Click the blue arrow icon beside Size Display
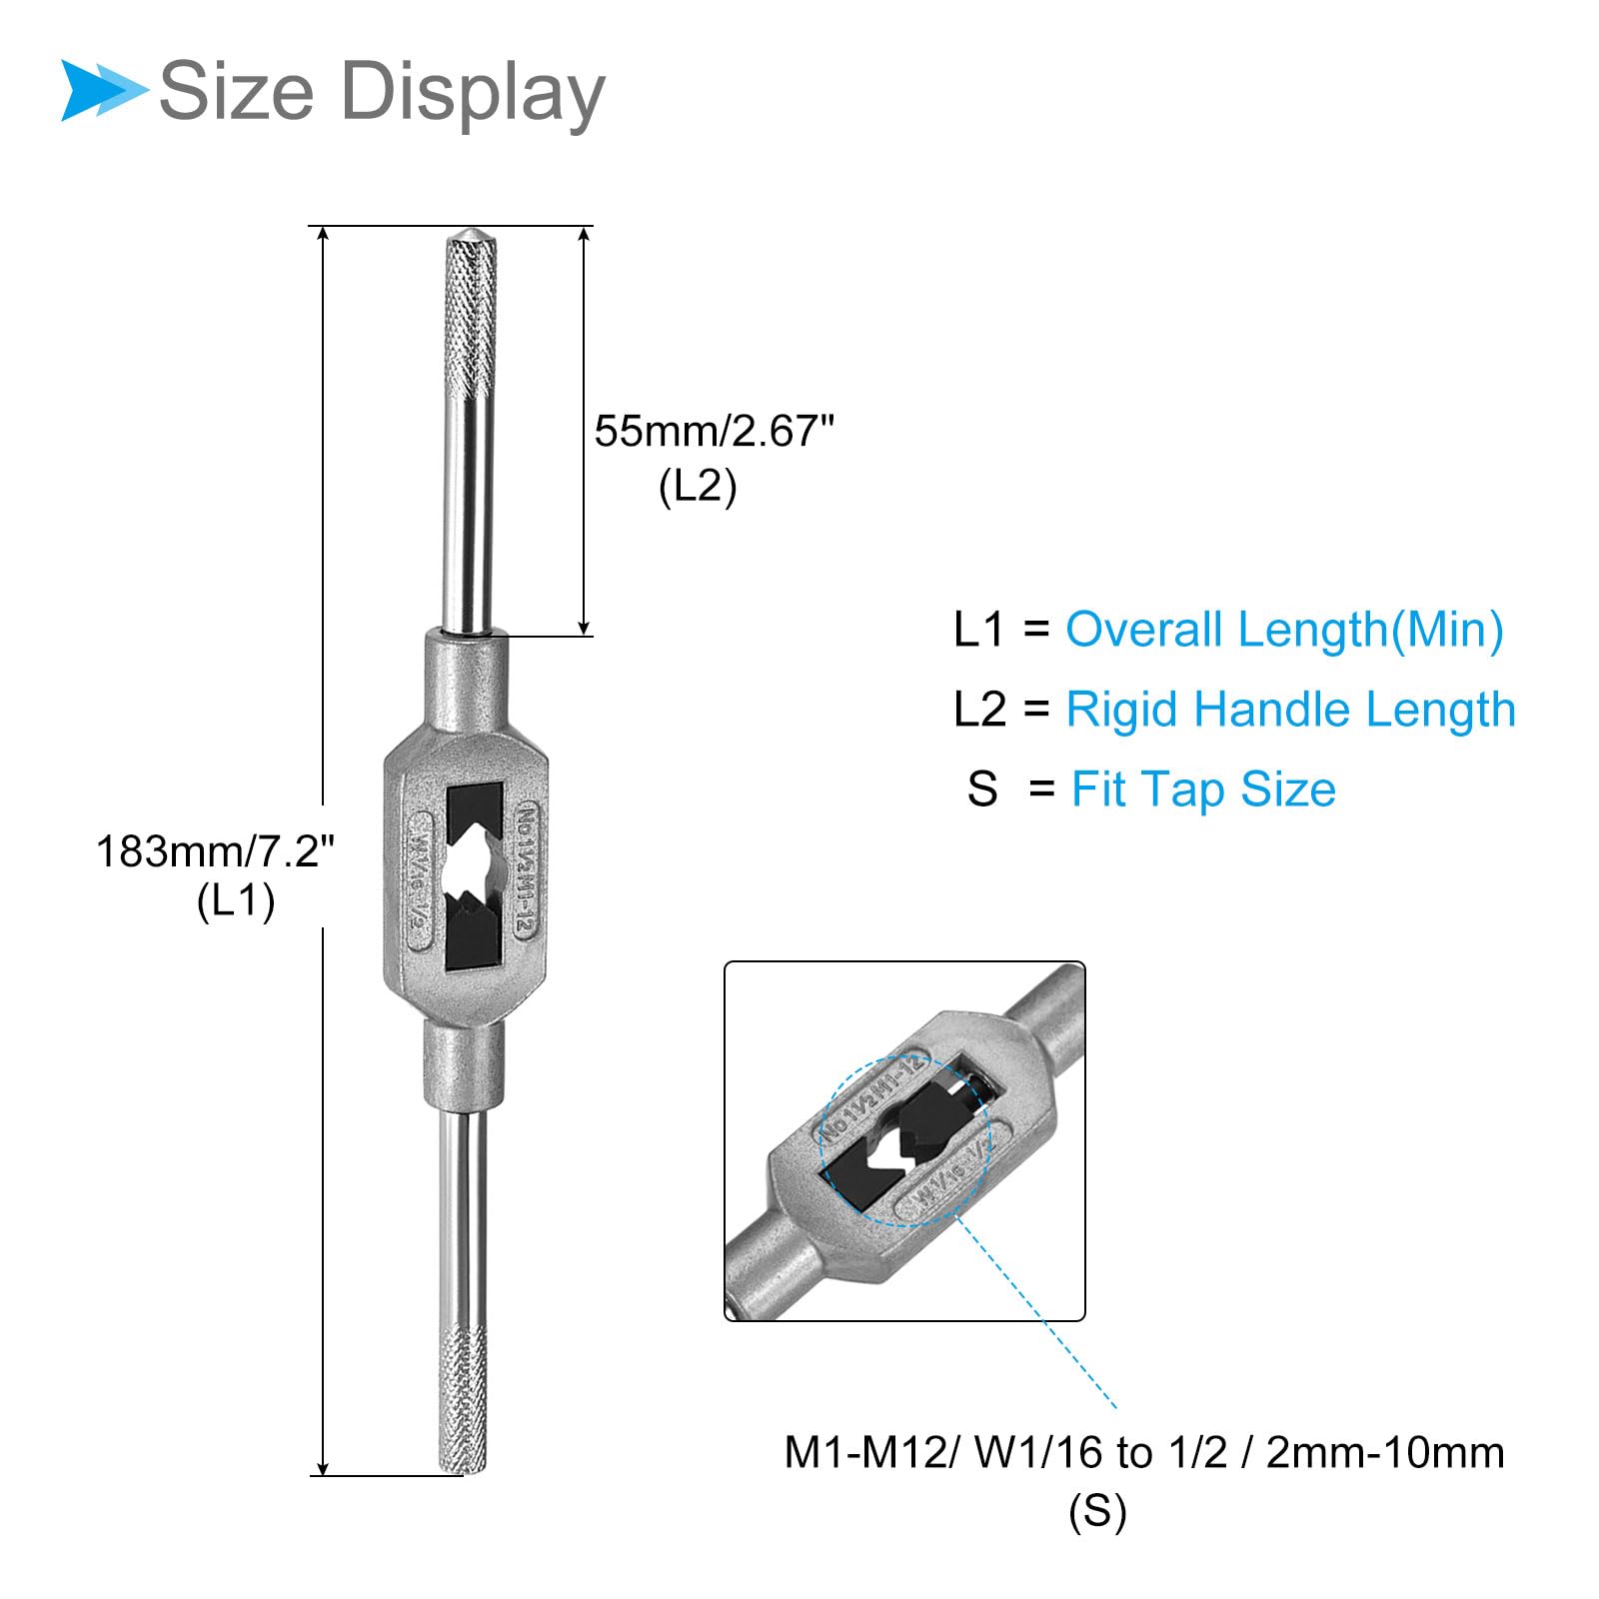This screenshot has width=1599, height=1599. [x=103, y=90]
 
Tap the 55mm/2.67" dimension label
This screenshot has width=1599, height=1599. [x=714, y=432]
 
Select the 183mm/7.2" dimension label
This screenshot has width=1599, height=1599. [x=215, y=851]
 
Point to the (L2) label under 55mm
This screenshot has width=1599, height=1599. [x=698, y=487]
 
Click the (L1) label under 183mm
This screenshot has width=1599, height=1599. [x=236, y=901]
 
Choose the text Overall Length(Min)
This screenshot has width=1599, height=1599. [x=1284, y=631]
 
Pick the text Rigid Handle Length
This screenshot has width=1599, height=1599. [x=1291, y=711]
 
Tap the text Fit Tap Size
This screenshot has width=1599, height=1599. [x=1203, y=790]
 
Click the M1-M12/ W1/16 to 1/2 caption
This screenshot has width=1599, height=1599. [x=1144, y=1452]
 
